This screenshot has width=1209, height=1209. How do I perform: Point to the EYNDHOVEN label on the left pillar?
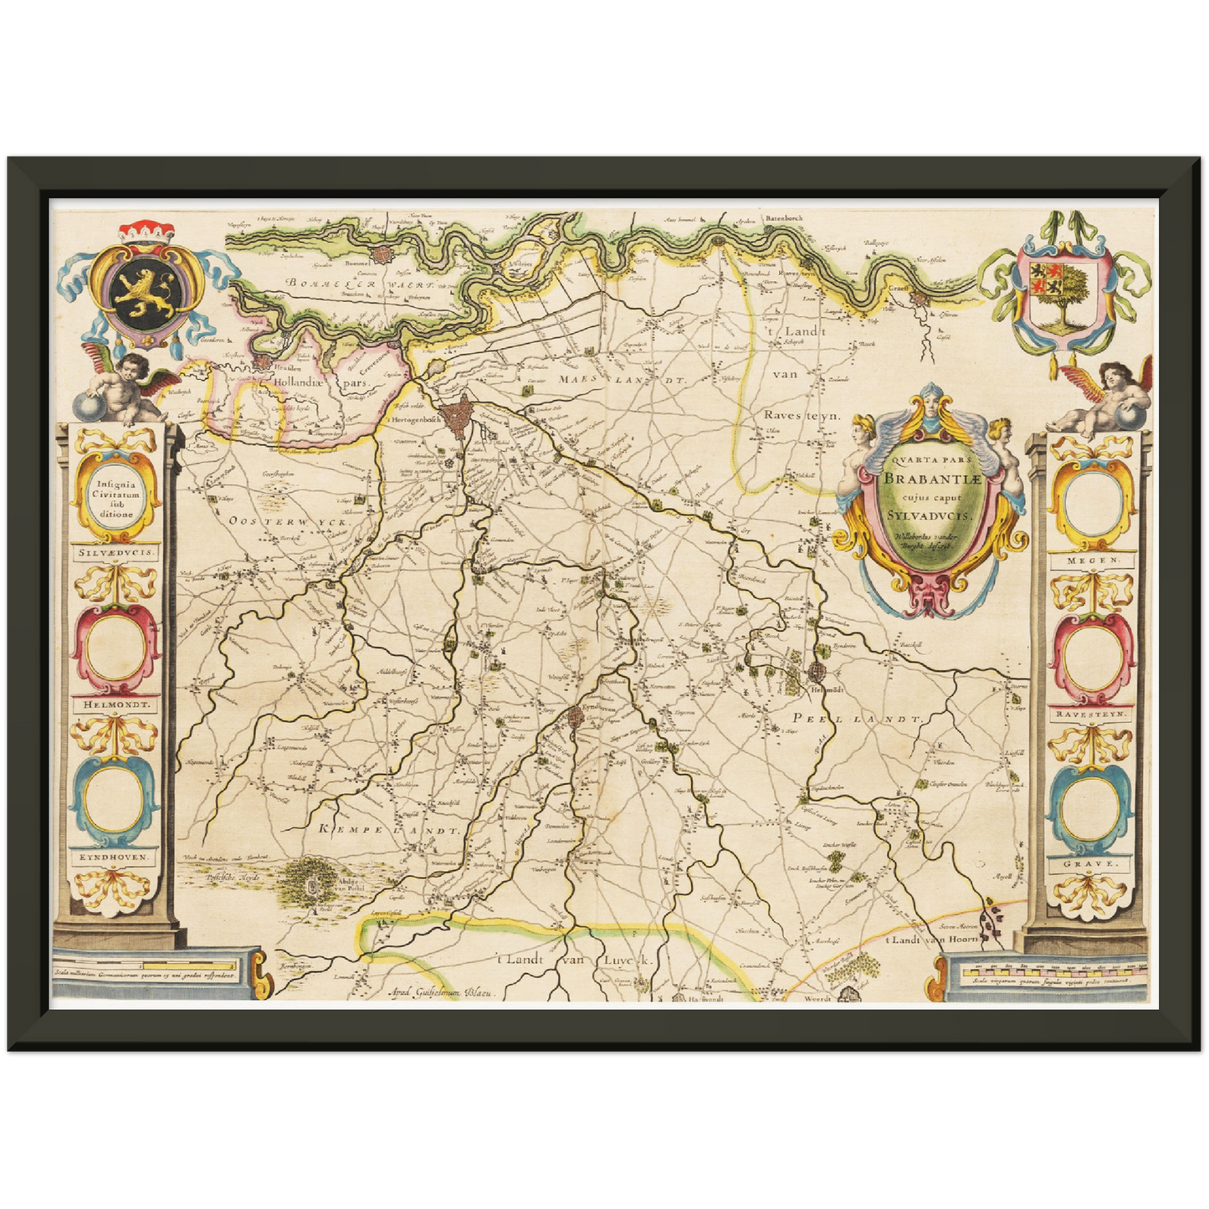pos(115,858)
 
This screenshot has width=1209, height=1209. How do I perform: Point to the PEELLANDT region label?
pos(857,719)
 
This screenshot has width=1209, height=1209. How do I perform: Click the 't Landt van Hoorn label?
pos(936,940)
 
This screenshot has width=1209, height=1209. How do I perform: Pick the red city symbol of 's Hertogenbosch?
pos(458,416)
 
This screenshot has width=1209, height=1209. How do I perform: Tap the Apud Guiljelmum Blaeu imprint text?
pos(443,992)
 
